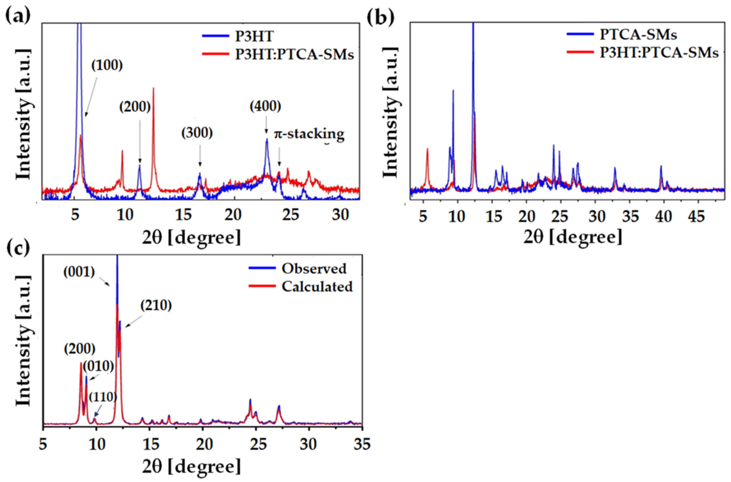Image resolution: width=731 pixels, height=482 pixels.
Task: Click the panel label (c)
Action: click(18, 248)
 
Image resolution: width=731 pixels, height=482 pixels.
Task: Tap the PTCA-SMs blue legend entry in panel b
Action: click(638, 35)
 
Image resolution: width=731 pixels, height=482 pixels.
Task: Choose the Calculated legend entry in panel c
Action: click(317, 286)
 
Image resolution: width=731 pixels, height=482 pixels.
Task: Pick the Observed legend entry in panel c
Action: click(314, 269)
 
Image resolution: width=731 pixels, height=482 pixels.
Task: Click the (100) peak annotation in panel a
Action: click(107, 65)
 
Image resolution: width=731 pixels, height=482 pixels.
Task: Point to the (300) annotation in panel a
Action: click(197, 133)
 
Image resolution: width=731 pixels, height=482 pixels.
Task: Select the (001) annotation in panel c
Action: click(79, 272)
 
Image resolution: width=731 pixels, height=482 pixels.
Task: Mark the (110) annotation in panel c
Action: click(103, 397)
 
